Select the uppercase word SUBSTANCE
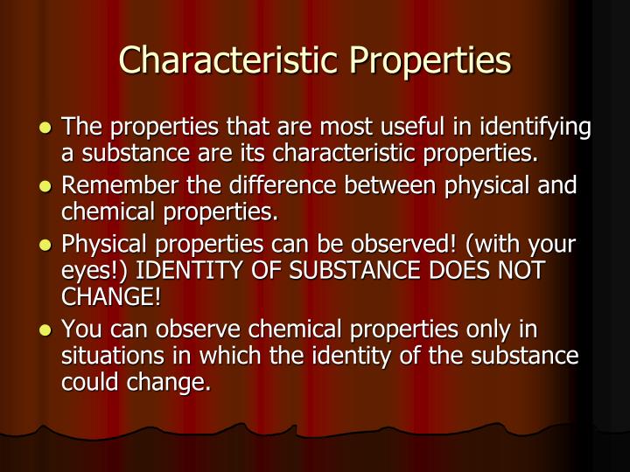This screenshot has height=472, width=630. click(351, 271)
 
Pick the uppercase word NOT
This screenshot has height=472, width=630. click(521, 271)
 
